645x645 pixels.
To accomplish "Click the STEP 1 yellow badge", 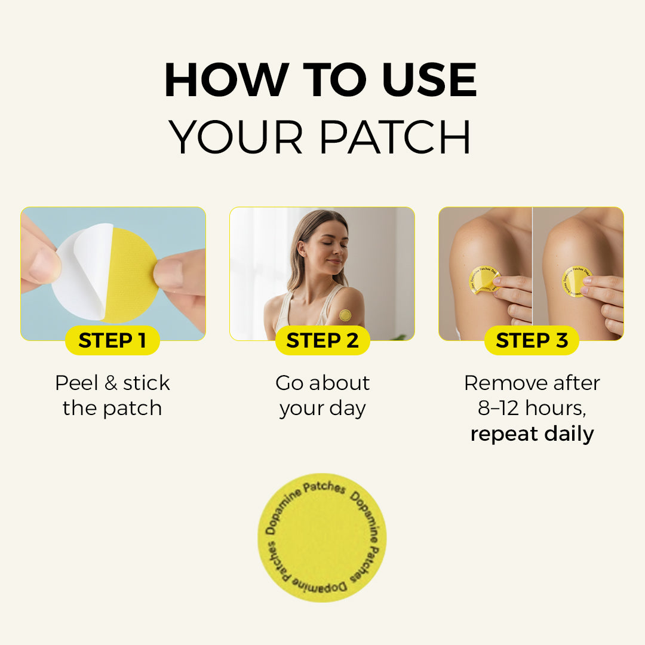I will (x=112, y=340).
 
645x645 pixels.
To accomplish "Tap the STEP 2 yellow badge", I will (x=322, y=340).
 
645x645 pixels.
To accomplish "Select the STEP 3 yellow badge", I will (x=532, y=340).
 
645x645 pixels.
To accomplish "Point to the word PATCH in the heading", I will (x=395, y=137).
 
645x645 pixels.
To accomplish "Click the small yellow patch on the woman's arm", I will (x=345, y=315).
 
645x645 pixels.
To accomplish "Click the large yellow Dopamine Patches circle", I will (x=322, y=537).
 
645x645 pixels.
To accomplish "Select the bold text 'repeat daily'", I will (x=532, y=434).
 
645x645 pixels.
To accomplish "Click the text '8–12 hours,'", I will (x=532, y=408).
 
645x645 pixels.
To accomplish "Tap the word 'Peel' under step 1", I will (x=76, y=383).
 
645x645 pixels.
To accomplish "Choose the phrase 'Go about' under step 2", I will (x=322, y=383).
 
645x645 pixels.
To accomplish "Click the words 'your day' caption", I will (x=322, y=408).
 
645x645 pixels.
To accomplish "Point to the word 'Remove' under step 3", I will (x=499, y=383).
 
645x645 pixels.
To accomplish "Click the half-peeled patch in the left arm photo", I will (x=484, y=280).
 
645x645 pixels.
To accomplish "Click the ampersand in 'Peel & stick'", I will (x=111, y=383).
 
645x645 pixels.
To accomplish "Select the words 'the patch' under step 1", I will (x=112, y=408).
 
